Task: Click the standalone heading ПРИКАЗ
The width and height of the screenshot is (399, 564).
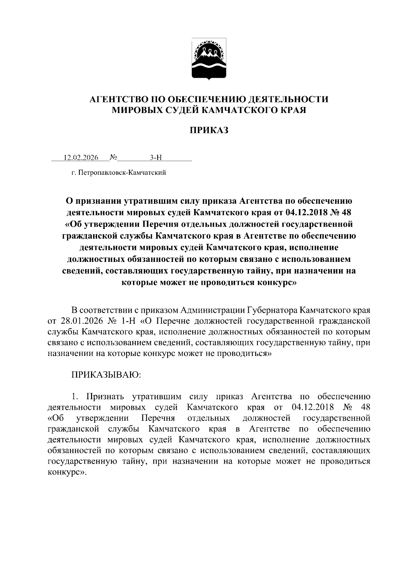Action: (x=209, y=130)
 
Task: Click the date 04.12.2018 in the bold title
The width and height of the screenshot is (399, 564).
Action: (x=305, y=212)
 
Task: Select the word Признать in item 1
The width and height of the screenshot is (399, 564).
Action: (x=105, y=396)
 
